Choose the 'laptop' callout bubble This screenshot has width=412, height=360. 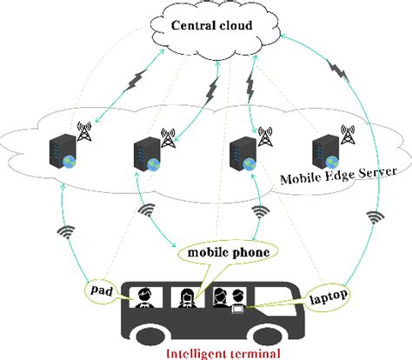pyautogui.click(x=328, y=296)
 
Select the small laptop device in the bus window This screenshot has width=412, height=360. pyautogui.click(x=237, y=306)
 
